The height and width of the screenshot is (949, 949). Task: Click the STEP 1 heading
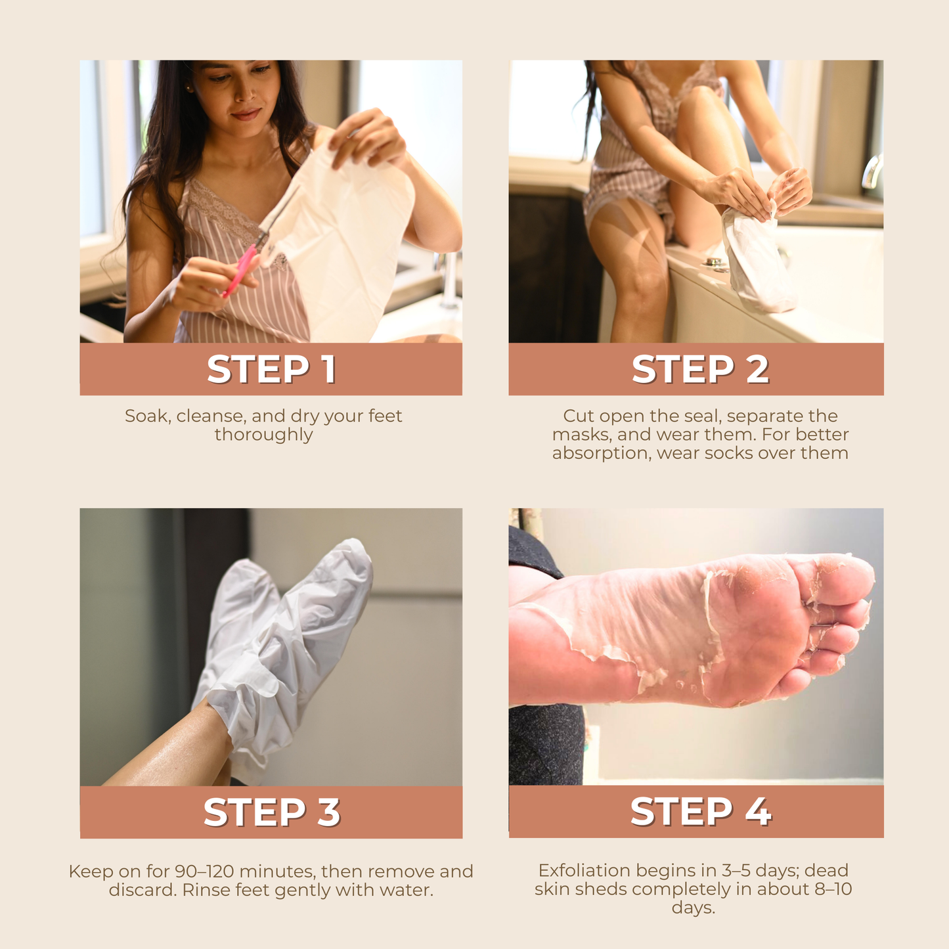click(271, 369)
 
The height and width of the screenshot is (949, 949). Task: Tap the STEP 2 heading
click(699, 369)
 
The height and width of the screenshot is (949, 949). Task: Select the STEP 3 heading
click(271, 812)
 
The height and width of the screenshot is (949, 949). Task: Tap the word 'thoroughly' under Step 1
click(263, 435)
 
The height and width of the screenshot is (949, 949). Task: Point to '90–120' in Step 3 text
click(204, 872)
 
